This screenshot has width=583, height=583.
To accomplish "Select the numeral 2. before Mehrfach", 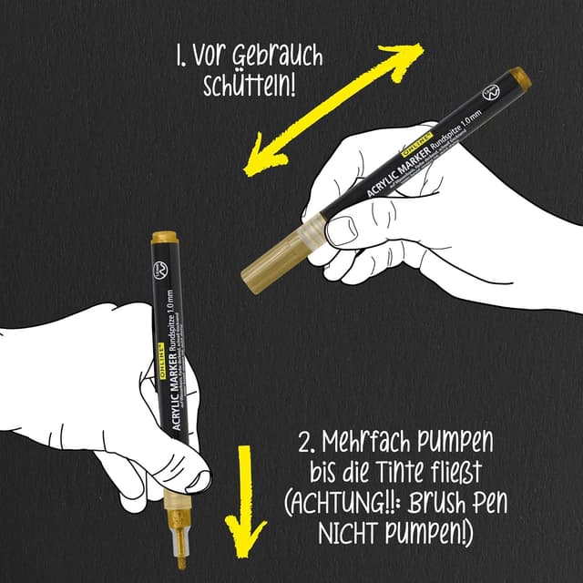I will pyautogui.click(x=310, y=445).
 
